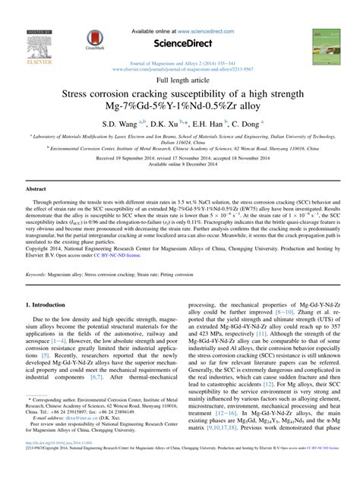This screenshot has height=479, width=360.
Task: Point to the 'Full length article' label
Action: (x=180, y=80)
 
